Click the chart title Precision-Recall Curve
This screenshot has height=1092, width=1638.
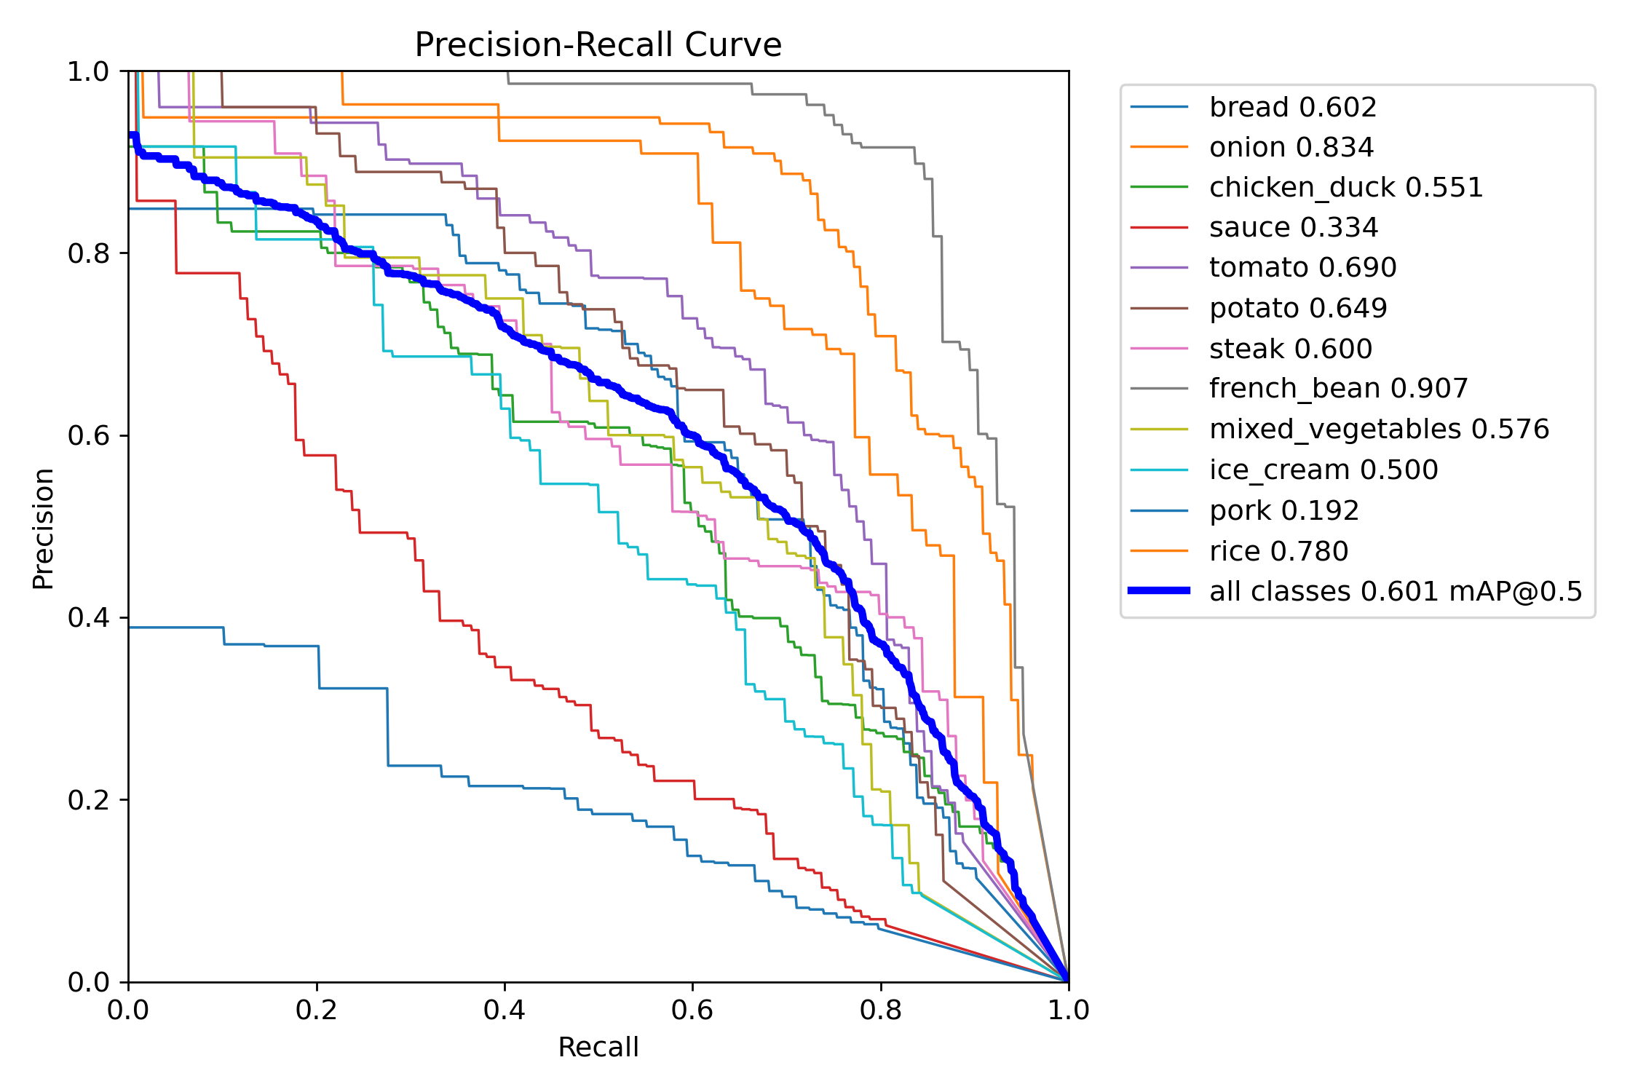[x=598, y=45]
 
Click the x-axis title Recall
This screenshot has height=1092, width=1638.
[x=598, y=1047]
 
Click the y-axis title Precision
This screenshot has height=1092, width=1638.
[x=43, y=528]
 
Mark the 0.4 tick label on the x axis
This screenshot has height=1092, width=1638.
[x=504, y=1010]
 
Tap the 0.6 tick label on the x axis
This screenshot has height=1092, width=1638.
[x=692, y=1010]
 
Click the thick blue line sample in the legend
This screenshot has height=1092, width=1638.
[x=1159, y=590]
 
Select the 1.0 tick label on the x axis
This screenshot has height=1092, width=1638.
[x=1068, y=1010]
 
